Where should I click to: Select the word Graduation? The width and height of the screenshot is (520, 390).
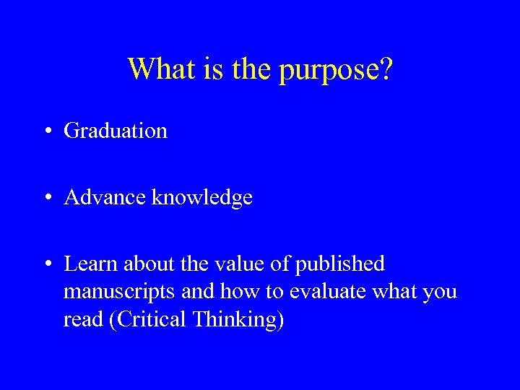(x=116, y=131)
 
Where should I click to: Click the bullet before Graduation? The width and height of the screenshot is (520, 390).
(x=46, y=131)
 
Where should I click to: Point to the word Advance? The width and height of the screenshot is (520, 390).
(x=105, y=197)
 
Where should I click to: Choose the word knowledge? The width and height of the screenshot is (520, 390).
(x=202, y=198)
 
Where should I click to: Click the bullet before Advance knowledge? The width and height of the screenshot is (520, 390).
(x=46, y=198)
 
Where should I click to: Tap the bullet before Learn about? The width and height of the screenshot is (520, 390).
(x=46, y=264)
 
